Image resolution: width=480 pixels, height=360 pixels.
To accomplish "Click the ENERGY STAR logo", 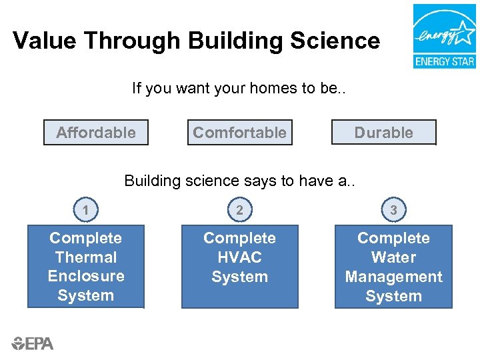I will [x=444, y=36].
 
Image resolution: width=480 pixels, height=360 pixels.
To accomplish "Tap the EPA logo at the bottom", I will [x=32, y=343].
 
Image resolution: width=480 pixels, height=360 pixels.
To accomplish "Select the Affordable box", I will [x=96, y=133].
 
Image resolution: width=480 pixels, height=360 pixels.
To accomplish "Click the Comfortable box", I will [x=239, y=133].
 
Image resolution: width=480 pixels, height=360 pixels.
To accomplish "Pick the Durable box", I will [x=383, y=133].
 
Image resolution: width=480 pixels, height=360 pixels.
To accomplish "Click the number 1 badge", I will [x=85, y=211].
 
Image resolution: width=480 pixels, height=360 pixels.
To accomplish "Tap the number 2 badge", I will [x=239, y=211].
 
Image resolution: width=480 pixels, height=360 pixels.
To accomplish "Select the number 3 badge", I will [x=393, y=211].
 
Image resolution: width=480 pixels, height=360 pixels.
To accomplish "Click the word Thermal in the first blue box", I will [x=86, y=257].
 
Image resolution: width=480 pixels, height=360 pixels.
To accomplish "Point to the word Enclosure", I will [x=86, y=276].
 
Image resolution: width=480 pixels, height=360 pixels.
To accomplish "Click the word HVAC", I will [x=239, y=257].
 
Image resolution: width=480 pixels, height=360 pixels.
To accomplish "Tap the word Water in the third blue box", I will [x=393, y=257].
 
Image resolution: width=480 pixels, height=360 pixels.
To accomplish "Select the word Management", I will [x=393, y=277].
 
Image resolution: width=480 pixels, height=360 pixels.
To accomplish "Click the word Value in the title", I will [x=43, y=41].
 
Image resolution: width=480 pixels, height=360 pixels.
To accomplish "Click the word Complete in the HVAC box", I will [x=239, y=238].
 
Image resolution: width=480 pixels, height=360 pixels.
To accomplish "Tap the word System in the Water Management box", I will [x=393, y=296].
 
